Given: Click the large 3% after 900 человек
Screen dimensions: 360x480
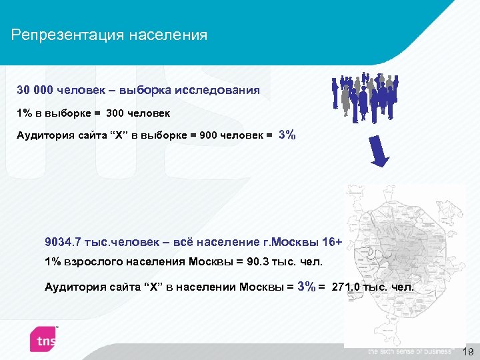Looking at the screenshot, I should coord(287,135).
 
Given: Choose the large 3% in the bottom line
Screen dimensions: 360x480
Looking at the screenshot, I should coord(307,287).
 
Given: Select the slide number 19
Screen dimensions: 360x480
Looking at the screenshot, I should coord(467,351).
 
